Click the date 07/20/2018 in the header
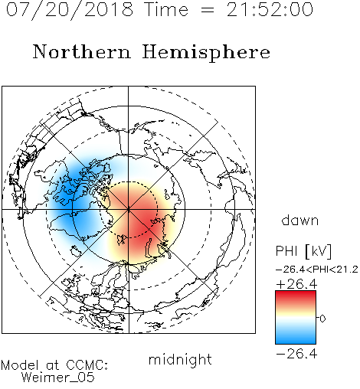[70, 10]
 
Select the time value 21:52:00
[270, 9]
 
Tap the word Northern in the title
[82, 51]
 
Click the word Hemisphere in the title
[206, 53]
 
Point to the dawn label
[300, 220]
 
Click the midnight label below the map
[180, 360]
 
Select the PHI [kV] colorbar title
[303, 251]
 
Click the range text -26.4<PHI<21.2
[316, 270]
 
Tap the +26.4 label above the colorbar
[296, 284]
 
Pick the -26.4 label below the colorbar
[296, 354]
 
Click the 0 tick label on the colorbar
[322, 319]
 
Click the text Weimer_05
[58, 378]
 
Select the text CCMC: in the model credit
[87, 365]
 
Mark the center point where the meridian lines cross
[129, 210]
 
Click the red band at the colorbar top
[296, 296]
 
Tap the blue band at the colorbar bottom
[296, 339]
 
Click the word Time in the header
[166, 10]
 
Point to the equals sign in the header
[208, 11]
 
